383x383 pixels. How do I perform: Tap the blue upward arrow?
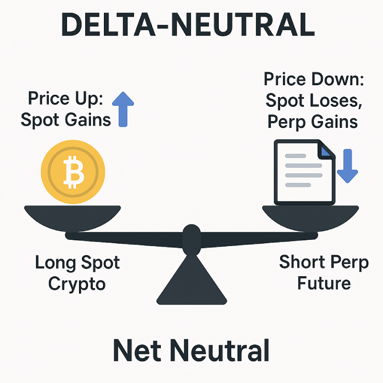click(x=123, y=109)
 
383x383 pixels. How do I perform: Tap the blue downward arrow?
click(x=348, y=166)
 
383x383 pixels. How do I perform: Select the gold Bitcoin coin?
click(x=73, y=172)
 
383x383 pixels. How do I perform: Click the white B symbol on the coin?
click(x=74, y=172)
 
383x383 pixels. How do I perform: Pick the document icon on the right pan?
click(x=304, y=172)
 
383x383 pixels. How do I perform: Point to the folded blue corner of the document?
click(x=326, y=151)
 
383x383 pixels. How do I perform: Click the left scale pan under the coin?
click(x=73, y=218)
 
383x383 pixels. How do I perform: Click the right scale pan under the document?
click(x=310, y=218)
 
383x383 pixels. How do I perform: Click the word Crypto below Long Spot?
click(x=77, y=284)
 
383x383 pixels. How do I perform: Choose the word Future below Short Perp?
click(x=324, y=283)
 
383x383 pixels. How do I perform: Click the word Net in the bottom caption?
click(x=137, y=350)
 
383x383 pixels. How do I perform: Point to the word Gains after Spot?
click(x=88, y=120)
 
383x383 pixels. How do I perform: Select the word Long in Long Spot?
click(x=56, y=263)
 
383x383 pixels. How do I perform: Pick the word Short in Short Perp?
click(x=302, y=261)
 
